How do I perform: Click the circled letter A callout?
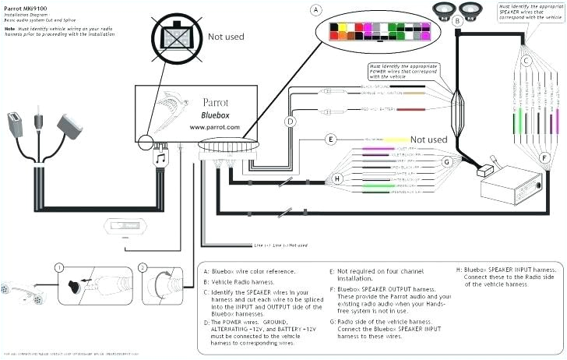(x=315, y=11)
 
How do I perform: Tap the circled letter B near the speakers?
(x=458, y=22)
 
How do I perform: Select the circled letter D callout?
(x=290, y=122)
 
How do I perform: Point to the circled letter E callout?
(x=331, y=139)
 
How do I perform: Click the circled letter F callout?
(x=544, y=157)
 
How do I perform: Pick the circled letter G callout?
(x=447, y=162)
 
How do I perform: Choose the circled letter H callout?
(x=337, y=178)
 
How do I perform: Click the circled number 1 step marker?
(x=58, y=267)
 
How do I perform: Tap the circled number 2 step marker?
(x=143, y=267)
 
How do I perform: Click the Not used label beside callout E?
(x=428, y=139)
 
